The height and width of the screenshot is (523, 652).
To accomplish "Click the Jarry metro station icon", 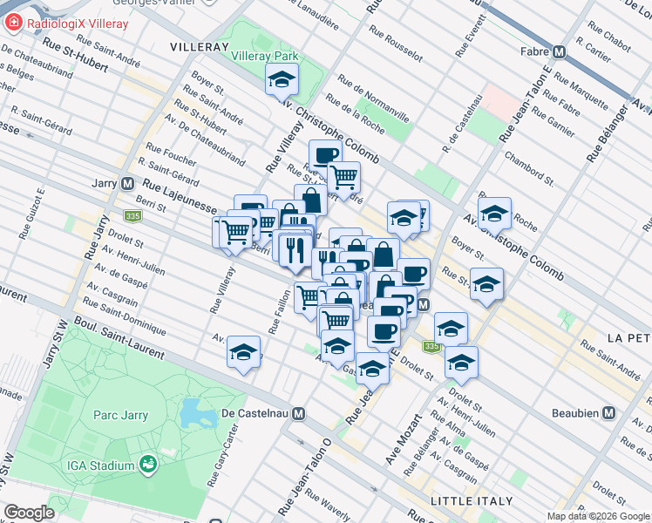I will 128,184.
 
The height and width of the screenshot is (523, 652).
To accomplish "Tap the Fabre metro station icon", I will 560,51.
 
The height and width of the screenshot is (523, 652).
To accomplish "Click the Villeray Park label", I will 265,56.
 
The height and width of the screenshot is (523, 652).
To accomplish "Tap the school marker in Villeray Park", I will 281,81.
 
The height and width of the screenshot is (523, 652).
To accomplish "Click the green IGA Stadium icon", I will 149,465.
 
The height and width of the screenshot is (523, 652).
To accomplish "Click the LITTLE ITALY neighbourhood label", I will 467,500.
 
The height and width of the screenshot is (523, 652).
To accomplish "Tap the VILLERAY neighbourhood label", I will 198,45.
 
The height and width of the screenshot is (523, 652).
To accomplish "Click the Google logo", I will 29,513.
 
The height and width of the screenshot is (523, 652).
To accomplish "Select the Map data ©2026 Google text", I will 599,516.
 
